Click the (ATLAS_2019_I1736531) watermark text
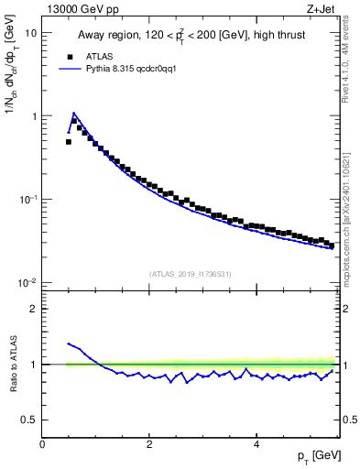pyautogui.click(x=191, y=273)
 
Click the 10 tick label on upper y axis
pyautogui.click(x=30, y=33)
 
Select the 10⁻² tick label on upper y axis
pyautogui.click(x=27, y=282)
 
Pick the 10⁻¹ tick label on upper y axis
pyautogui.click(x=27, y=200)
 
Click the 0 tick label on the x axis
pyautogui.click(x=42, y=444)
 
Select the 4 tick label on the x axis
pyautogui.click(x=256, y=444)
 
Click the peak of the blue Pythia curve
pyautogui.click(x=74, y=114)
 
